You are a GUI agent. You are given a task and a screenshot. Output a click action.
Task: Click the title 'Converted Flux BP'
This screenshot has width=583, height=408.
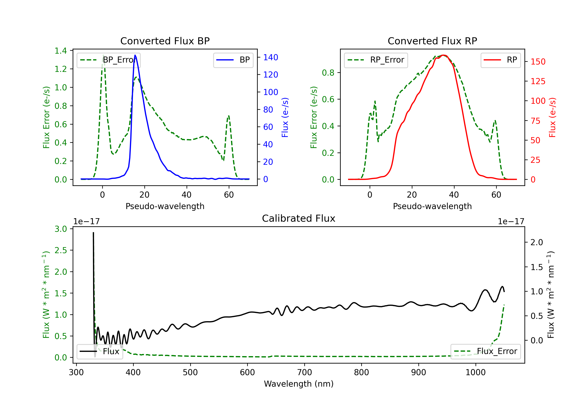pyautogui.click(x=165, y=41)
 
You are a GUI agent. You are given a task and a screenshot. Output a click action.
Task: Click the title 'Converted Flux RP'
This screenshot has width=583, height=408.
pyautogui.click(x=432, y=41)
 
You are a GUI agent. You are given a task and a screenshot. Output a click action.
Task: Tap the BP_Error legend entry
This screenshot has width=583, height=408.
pyautogui.click(x=108, y=60)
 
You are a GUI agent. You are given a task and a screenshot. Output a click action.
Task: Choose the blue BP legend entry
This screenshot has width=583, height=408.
pyautogui.click(x=233, y=60)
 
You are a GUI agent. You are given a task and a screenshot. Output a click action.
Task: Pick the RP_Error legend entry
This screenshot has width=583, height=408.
pyautogui.click(x=376, y=60)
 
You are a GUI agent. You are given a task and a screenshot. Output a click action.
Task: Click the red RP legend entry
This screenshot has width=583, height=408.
pyautogui.click(x=500, y=60)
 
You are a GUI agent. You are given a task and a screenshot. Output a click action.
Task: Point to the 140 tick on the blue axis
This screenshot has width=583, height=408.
pyautogui.click(x=271, y=57)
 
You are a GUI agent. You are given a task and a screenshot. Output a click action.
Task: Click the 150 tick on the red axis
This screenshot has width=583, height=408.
pyautogui.click(x=538, y=62)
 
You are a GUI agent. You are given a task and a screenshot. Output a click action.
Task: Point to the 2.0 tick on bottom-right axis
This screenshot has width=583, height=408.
pyautogui.click(x=537, y=242)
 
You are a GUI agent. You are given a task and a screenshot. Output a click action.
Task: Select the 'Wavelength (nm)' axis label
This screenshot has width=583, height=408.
pyautogui.click(x=299, y=384)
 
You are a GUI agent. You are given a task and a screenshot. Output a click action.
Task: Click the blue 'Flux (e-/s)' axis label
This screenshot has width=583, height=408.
pyautogui.click(x=285, y=117)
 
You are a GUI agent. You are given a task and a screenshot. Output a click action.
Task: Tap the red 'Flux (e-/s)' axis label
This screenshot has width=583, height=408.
pyautogui.click(x=552, y=117)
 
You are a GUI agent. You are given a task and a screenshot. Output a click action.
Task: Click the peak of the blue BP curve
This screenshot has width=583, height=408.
pyautogui.click(x=135, y=55)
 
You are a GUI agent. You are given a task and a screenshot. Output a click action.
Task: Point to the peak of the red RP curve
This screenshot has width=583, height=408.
pyautogui.click(x=443, y=55)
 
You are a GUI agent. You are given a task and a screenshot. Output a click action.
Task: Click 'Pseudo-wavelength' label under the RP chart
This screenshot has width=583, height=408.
pyautogui.click(x=432, y=206)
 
